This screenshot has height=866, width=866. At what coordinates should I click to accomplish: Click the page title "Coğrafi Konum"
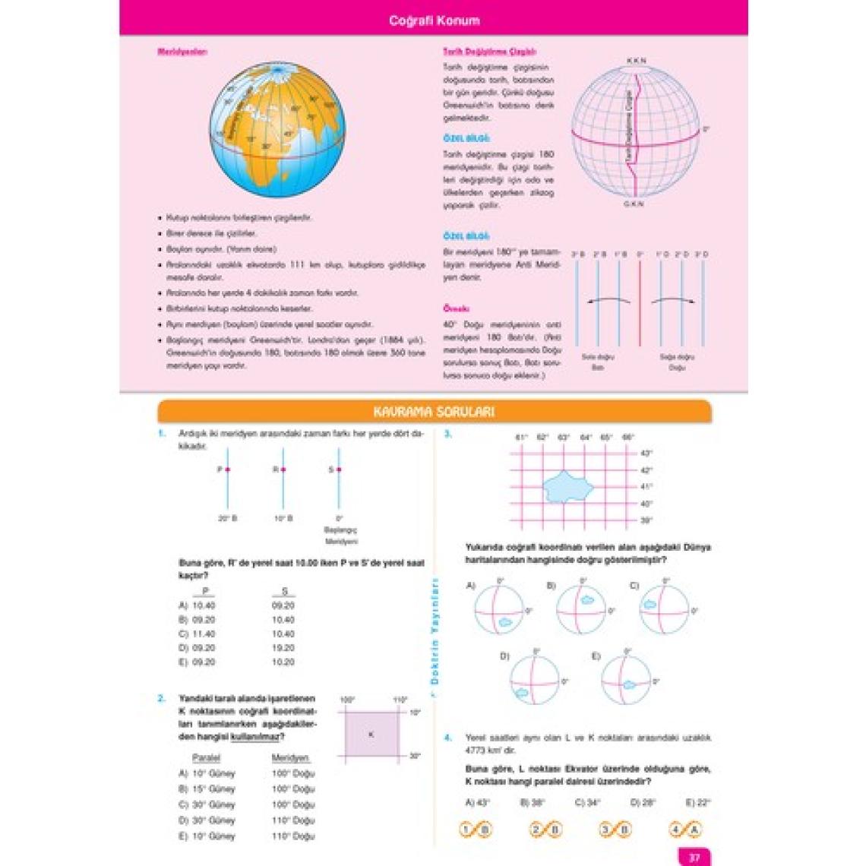pyautogui.click(x=434, y=21)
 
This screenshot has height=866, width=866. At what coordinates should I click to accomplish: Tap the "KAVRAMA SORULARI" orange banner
pyautogui.click(x=434, y=412)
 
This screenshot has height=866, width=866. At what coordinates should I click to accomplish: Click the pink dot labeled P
pyautogui.click(x=227, y=469)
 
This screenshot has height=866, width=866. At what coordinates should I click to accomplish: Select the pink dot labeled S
pyautogui.click(x=338, y=469)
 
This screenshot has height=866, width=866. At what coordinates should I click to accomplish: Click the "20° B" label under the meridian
pyautogui.click(x=227, y=518)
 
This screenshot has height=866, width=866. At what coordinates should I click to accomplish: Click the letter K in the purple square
pyautogui.click(x=371, y=735)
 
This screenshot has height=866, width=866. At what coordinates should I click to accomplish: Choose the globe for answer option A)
pyautogui.click(x=498, y=610)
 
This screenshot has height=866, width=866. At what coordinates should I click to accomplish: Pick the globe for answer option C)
pyautogui.click(x=664, y=610)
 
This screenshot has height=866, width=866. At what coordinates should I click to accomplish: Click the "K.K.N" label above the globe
pyautogui.click(x=637, y=60)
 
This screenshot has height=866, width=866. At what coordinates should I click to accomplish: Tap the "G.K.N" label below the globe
pyautogui.click(x=634, y=204)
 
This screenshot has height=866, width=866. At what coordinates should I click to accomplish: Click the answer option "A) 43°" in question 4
pyautogui.click(x=479, y=802)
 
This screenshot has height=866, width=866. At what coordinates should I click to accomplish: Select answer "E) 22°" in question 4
pyautogui.click(x=697, y=802)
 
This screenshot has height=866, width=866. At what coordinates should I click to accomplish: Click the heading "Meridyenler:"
pyautogui.click(x=182, y=52)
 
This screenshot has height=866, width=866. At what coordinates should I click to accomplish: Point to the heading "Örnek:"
pyautogui.click(x=456, y=309)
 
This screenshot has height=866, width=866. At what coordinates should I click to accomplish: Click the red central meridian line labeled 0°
pyautogui.click(x=640, y=304)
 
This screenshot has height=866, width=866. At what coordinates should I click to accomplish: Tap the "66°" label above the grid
pyautogui.click(x=627, y=438)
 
